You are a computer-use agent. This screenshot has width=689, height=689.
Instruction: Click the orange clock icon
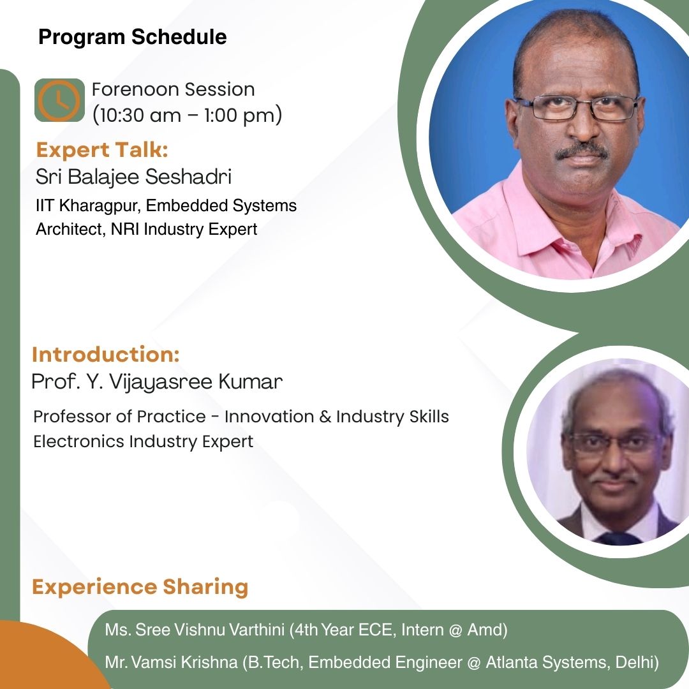[x=59, y=100]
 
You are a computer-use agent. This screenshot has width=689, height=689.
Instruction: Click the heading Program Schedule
[x=133, y=37]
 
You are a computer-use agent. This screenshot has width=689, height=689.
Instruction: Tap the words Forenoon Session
[x=173, y=89]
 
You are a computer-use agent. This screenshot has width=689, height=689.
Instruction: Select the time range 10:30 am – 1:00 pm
[x=187, y=115]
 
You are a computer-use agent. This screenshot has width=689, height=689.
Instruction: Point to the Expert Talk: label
[x=102, y=150]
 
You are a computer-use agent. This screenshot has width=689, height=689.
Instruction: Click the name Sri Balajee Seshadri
[x=133, y=177]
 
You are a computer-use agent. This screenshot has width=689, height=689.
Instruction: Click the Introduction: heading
[x=106, y=354]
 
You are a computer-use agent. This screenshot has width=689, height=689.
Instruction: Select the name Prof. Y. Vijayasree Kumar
[x=157, y=382]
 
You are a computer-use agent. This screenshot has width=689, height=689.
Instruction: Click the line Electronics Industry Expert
[x=144, y=441]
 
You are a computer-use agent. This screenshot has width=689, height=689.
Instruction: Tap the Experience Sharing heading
[x=140, y=587]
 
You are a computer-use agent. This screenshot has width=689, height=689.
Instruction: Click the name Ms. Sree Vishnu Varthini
[x=195, y=630]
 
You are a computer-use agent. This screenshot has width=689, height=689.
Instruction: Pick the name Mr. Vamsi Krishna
[x=172, y=662]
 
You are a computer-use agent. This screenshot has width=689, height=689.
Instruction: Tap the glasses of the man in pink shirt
[x=577, y=107]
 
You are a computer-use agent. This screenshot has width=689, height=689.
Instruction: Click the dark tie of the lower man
[x=619, y=538]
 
